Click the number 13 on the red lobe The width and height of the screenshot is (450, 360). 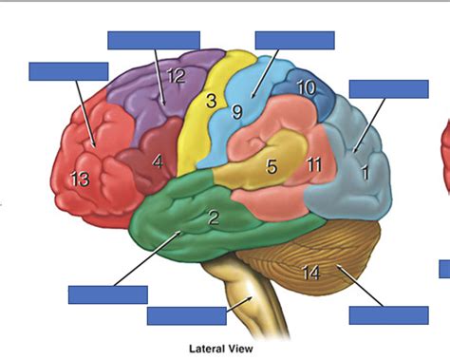(81, 178)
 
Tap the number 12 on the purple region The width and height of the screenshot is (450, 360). (176, 77)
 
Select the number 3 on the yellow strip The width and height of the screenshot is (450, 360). (211, 101)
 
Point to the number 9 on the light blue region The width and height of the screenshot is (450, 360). (238, 112)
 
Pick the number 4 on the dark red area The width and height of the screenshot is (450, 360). (158, 161)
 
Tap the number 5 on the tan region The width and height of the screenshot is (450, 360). (272, 168)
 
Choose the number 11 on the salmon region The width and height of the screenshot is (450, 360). (314, 164)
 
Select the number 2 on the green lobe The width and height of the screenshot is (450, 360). (214, 218)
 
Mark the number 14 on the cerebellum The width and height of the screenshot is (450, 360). (310, 274)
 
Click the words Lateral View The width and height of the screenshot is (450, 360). (222, 348)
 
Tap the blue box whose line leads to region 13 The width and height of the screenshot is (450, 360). (68, 71)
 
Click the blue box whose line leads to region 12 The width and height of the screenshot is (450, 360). (154, 40)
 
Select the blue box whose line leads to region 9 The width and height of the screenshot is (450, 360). (294, 40)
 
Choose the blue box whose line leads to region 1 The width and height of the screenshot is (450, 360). (388, 88)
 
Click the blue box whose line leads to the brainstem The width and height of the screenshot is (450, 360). (186, 315)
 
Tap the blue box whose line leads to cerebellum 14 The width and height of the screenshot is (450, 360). (389, 315)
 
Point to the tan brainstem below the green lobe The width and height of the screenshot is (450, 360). (245, 285)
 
